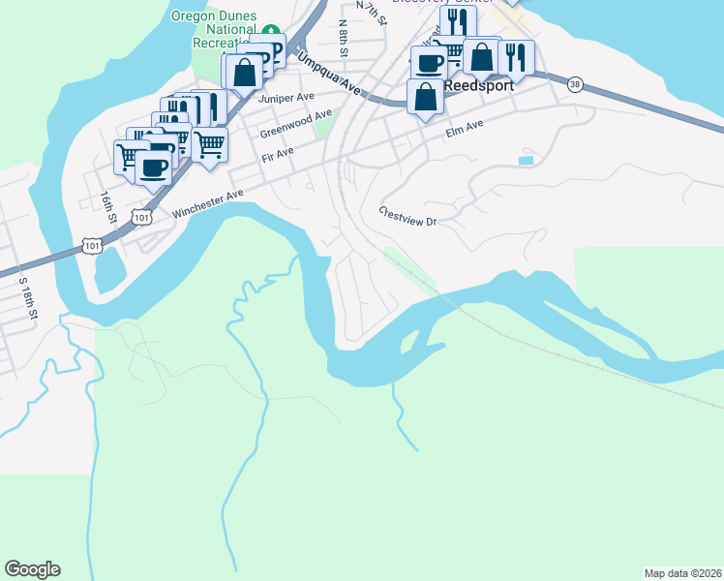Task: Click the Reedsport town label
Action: [x=478, y=85]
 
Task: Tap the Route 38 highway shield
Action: [x=576, y=84]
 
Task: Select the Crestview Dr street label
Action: [x=408, y=216]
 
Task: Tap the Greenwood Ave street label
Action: [x=295, y=124]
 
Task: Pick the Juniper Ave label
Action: [x=287, y=98]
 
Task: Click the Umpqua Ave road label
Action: [x=329, y=74]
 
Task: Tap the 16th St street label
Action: [x=106, y=206]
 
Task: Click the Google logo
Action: [x=32, y=569]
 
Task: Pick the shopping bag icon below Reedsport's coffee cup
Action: [x=425, y=97]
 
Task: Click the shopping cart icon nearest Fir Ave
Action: [x=209, y=145]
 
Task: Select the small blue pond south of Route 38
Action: [x=526, y=159]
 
